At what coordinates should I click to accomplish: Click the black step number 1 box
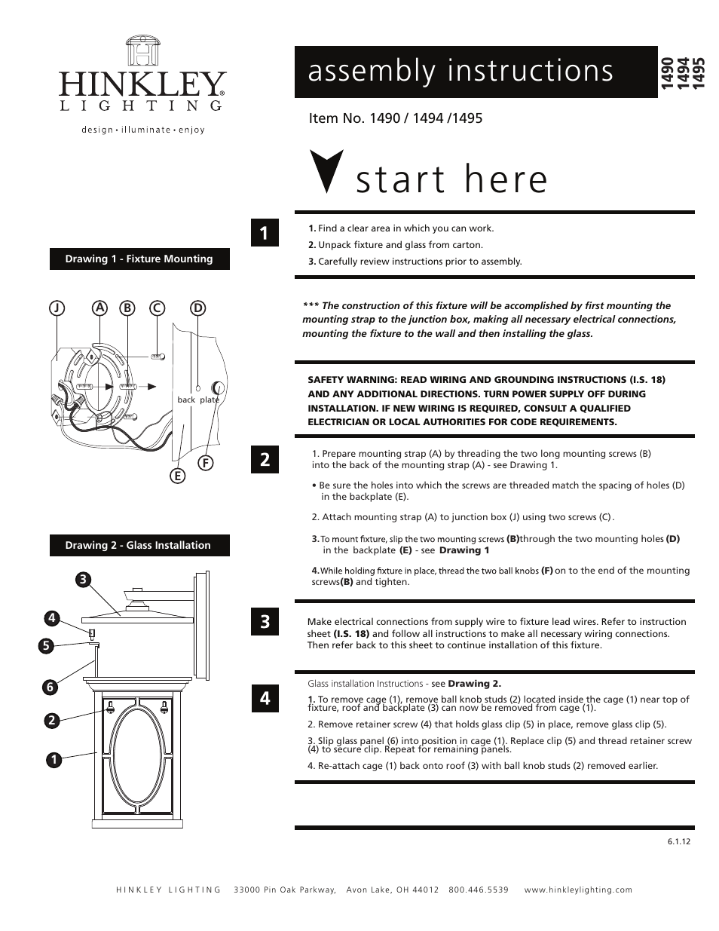coord(265,233)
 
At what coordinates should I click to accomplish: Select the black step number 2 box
coord(265,459)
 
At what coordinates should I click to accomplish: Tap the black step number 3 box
coord(265,622)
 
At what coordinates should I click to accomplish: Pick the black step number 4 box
coord(265,698)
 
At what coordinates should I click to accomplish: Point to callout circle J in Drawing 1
coord(57,308)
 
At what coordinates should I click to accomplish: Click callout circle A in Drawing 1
coord(99,308)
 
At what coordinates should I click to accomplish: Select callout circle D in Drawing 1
coord(197,308)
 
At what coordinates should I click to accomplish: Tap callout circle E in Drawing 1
coord(177,476)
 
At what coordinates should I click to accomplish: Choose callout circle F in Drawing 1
coord(204,462)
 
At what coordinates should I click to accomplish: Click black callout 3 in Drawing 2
coord(83,579)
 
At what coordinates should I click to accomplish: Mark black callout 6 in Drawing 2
coord(50,687)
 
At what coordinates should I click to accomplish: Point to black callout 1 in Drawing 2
coord(53,759)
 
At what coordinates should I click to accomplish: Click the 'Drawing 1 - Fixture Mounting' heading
coord(139,259)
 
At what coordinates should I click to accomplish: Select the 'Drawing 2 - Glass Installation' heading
coord(139,545)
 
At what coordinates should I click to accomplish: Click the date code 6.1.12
coord(678,841)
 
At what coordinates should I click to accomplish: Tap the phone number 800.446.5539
coord(479,890)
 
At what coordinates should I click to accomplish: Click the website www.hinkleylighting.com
coord(578,890)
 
